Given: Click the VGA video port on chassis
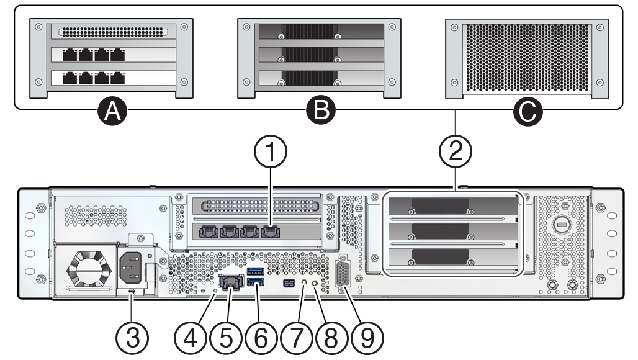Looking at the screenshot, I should tap(343, 274).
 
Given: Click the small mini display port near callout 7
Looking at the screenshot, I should tap(289, 284).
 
